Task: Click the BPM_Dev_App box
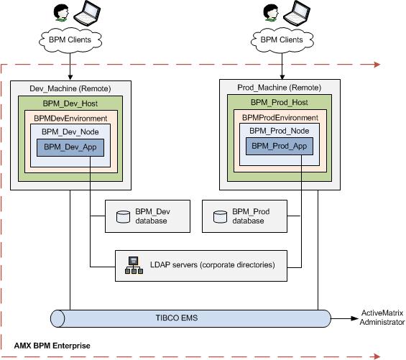70,147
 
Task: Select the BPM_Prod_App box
280,147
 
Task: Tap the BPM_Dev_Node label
70,131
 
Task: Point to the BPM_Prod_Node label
279,131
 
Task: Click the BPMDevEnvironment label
70,119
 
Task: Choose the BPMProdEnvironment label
280,118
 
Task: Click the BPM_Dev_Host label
70,103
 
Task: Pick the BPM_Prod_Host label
279,102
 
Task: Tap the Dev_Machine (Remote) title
70,88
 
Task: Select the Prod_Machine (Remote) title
279,88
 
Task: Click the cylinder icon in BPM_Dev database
124,217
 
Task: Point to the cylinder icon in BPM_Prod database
221,217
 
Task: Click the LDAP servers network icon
134,265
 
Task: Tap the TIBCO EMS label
177,318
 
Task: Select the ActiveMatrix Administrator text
382,318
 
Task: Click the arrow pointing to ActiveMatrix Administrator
344,318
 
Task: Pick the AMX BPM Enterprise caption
52,346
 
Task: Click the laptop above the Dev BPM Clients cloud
87,13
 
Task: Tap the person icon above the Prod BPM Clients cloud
271,12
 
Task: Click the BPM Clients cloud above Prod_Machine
282,40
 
